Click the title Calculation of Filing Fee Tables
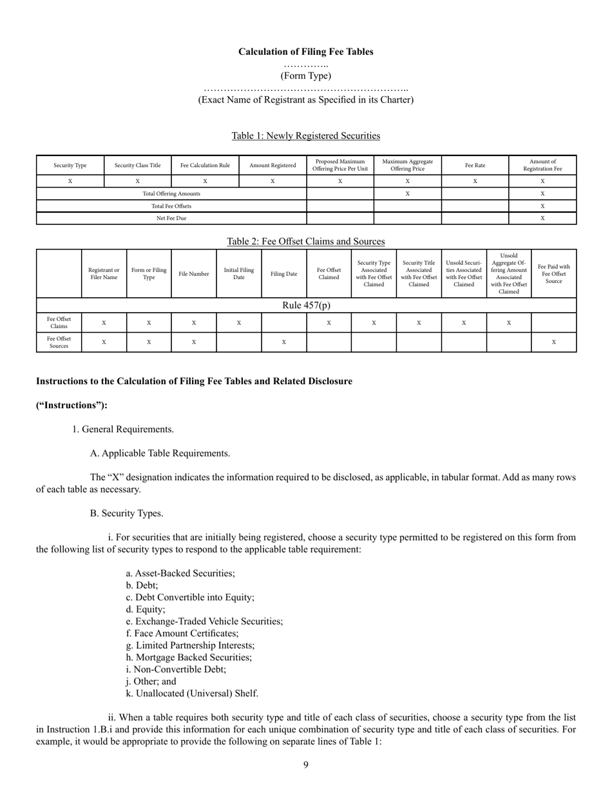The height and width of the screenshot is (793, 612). pos(305,52)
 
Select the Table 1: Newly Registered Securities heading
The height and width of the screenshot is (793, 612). pos(305,135)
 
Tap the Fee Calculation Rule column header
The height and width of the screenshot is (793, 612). pos(205,166)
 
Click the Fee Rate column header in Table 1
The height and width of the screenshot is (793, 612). pos(475,166)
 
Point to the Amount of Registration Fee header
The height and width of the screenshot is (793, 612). pos(542,166)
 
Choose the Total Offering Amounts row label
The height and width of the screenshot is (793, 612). pos(171,193)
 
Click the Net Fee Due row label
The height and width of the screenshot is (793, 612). pos(171,219)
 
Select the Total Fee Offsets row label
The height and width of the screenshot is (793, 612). pos(171,206)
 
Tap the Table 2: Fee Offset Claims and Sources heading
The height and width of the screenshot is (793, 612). pos(305,241)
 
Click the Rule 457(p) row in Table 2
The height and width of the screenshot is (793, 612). pos(306,305)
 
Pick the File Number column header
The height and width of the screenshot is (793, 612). pos(194,274)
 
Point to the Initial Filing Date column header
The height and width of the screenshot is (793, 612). pos(238,274)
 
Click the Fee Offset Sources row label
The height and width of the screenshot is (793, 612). pos(59,342)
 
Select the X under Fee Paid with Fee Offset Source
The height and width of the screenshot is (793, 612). pos(553,342)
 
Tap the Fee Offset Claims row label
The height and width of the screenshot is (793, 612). pos(59,322)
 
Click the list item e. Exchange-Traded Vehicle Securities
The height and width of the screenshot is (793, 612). pos(204,622)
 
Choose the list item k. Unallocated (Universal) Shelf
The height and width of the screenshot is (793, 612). pos(192,694)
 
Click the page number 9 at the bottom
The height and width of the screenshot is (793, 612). pos(306,765)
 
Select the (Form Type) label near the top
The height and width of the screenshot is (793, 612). pos(305,75)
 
